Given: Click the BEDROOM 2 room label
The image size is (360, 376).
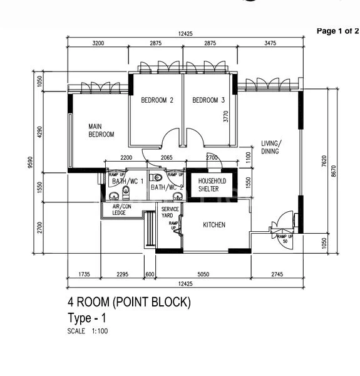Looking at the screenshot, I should point(157,100).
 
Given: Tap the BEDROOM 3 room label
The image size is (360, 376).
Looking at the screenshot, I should point(208,100).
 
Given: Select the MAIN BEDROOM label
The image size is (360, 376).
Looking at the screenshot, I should point(101,130).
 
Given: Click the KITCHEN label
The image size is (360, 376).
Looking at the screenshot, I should point(214,225).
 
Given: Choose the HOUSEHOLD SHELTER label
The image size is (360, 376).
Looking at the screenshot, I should point(212,184).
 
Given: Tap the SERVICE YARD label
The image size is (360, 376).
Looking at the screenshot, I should point(170,212).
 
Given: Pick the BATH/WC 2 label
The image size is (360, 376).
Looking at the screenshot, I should point(167,187).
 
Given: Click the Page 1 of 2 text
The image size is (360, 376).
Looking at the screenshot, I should point(337,31).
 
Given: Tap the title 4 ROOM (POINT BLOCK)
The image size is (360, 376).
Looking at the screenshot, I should point(128,303).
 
